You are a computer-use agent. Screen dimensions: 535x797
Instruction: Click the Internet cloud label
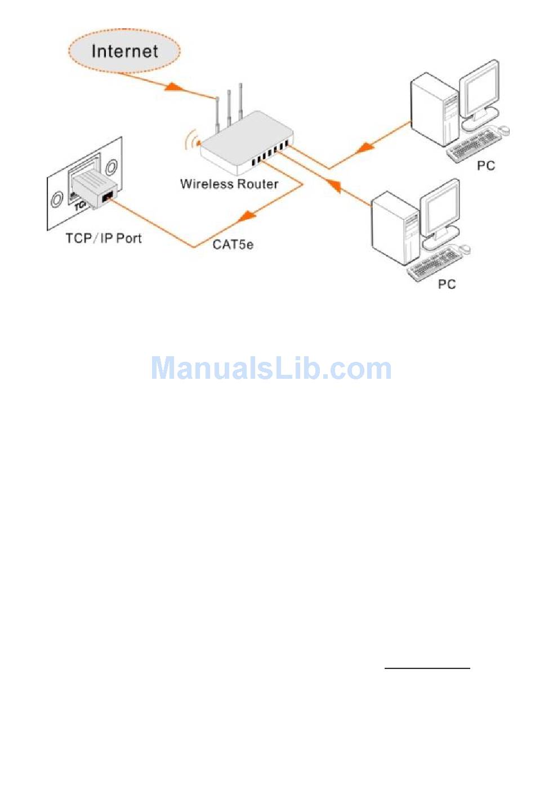click(124, 51)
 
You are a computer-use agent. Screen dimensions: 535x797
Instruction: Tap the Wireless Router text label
click(229, 184)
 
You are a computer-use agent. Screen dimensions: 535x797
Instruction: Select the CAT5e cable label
click(233, 244)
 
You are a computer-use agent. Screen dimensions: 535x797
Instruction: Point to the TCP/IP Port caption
click(104, 238)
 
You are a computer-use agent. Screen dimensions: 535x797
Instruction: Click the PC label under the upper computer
click(485, 165)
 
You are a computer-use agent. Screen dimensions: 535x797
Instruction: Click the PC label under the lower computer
click(447, 284)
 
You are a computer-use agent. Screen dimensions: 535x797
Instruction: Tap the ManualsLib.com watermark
click(271, 368)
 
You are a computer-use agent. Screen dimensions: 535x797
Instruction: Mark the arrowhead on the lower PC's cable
click(333, 186)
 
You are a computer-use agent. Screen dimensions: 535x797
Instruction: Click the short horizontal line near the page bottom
click(427, 668)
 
